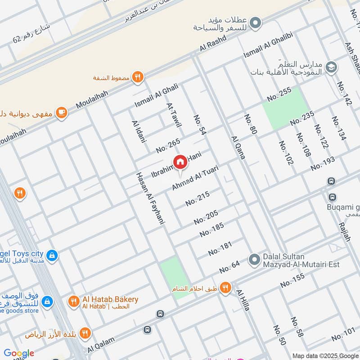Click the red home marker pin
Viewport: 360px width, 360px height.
point(180,162)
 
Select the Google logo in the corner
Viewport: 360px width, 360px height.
point(19,353)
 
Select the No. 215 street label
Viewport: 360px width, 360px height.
point(198,199)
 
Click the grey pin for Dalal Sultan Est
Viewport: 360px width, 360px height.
point(255,260)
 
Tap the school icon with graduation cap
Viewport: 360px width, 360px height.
point(331,67)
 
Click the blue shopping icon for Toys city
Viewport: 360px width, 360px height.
point(52,255)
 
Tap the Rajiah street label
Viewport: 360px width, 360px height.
point(344,231)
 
